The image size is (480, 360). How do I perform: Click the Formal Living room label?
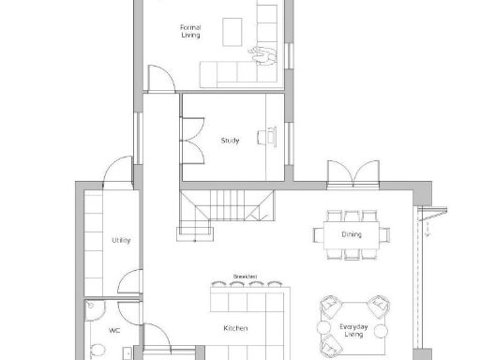[190, 32]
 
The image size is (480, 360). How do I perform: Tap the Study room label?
[230, 141]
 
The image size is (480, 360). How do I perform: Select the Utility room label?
[121, 241]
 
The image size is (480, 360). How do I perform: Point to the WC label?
[114, 330]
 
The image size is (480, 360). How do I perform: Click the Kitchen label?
[235, 328]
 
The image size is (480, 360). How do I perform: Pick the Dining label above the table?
[352, 234]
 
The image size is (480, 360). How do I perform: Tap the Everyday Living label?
[353, 329]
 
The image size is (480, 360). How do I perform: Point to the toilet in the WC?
[97, 351]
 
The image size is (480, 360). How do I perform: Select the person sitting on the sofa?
[265, 56]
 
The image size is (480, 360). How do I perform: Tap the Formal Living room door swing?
[159, 80]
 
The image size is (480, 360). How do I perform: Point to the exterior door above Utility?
[118, 173]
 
